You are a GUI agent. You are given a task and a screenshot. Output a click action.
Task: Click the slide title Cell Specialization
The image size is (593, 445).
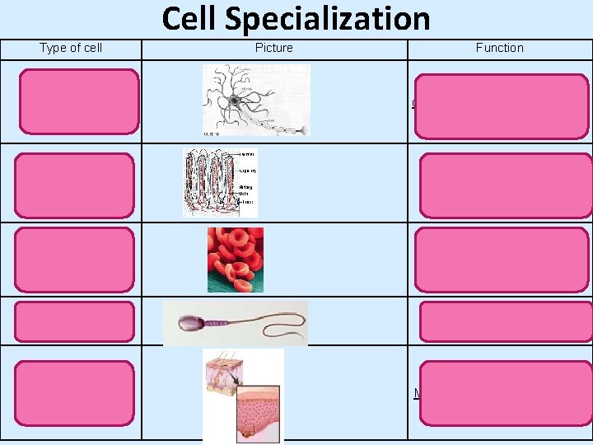(296, 18)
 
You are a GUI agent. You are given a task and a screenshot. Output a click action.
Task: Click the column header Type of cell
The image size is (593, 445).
(71, 48)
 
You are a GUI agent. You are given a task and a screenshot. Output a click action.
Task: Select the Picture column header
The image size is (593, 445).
(273, 48)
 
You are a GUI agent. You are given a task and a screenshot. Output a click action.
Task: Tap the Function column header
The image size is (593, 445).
(499, 48)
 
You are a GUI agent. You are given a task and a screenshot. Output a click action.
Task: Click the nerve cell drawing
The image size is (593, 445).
(255, 100)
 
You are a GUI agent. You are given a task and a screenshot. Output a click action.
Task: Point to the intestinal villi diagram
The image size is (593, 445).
(218, 182)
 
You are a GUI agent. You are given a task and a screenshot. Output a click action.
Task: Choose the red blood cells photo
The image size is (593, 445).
(236, 260)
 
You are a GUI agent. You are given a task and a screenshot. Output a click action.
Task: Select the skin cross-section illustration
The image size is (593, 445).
(243, 395)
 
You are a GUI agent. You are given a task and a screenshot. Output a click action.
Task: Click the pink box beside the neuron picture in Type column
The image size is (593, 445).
(79, 101)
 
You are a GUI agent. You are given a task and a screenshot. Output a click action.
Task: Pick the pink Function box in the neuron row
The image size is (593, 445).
(502, 106)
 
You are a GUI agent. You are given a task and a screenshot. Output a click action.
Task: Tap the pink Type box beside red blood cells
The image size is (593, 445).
(74, 260)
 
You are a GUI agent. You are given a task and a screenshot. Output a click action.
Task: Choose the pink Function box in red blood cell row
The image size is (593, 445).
(503, 260)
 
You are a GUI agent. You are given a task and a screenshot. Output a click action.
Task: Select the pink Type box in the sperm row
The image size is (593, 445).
(74, 321)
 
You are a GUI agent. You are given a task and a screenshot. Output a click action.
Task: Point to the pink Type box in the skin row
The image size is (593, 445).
(74, 391)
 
